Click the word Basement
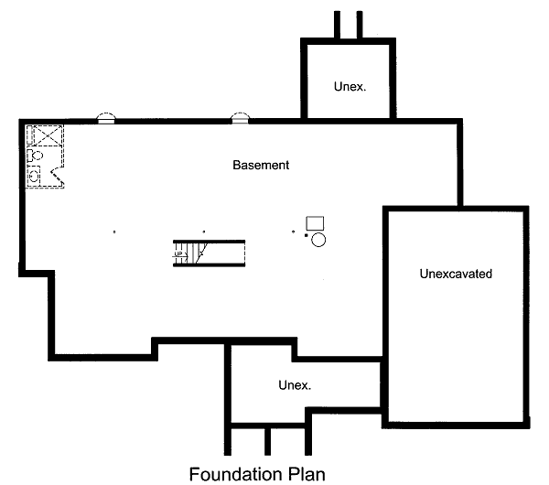tap(261, 166)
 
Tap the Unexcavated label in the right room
tap(457, 274)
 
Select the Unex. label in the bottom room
tap(295, 385)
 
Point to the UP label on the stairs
tap(178, 253)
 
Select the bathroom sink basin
tap(35, 176)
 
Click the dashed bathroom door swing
tap(59, 173)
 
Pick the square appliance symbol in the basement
tap(316, 222)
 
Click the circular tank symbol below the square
tap(318, 240)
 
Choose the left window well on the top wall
tap(107, 117)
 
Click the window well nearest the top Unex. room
tap(240, 117)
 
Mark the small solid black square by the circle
tap(307, 235)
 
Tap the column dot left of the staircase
tap(114, 232)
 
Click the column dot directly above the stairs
tap(203, 232)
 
